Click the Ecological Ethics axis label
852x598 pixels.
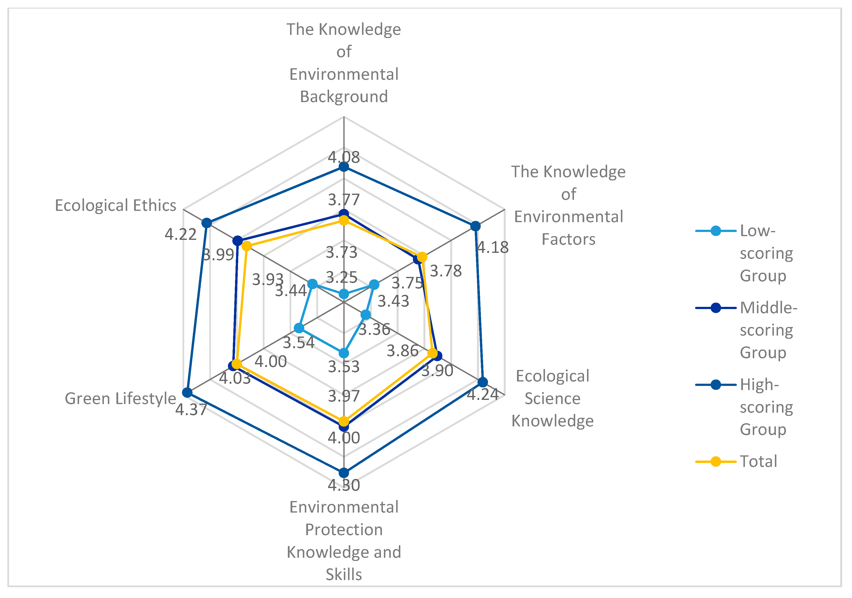[x=115, y=205]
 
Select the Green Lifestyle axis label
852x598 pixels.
[x=120, y=399]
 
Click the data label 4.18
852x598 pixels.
[x=492, y=247]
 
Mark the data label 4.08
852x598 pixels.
[x=344, y=157]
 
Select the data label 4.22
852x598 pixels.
[x=181, y=234]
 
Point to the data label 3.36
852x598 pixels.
[x=374, y=329]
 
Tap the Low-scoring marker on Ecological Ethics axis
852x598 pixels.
[x=312, y=285]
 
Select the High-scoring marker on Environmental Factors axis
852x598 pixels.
[x=475, y=226]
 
